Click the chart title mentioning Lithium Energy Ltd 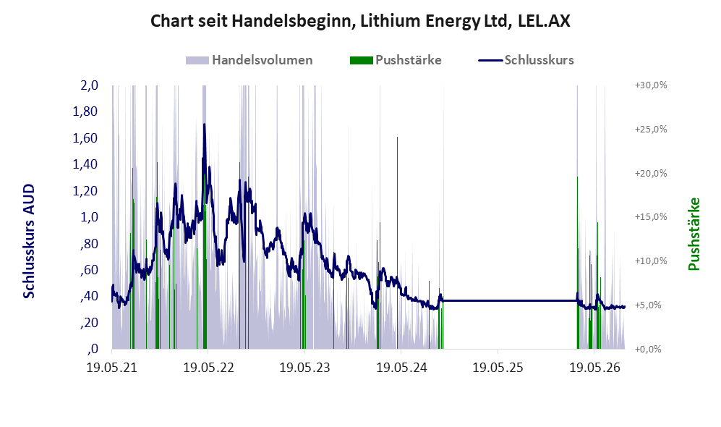360,21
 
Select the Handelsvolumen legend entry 249,60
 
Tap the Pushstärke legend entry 396,60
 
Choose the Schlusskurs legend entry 526,60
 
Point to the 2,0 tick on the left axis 89,85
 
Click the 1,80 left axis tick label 85,111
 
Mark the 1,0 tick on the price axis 89,216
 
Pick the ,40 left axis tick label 89,296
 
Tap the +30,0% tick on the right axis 651,85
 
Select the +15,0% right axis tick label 651,216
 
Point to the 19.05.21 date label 112,368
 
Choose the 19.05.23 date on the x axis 305,368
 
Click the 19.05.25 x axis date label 498,368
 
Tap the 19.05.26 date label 594,368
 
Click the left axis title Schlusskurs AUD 29,241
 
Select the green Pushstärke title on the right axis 694,234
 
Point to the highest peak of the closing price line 204,124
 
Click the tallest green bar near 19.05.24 397,242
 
